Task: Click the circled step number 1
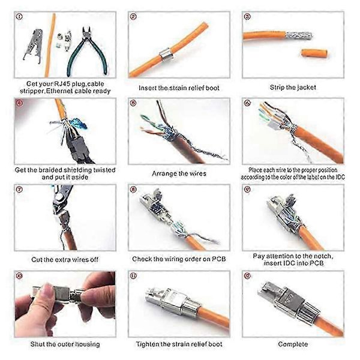(x=20, y=17)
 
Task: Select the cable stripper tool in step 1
(x=33, y=46)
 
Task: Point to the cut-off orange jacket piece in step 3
(x=314, y=53)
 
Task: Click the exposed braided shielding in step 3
(x=298, y=35)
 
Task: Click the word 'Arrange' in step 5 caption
(x=163, y=173)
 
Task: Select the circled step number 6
(x=247, y=103)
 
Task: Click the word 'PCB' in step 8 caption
(x=218, y=259)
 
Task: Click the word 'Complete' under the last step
(x=293, y=344)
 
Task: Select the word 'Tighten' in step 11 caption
(x=147, y=344)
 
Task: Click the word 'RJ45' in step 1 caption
(x=61, y=84)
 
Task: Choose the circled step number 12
(x=247, y=276)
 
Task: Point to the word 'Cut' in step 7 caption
(x=37, y=259)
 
